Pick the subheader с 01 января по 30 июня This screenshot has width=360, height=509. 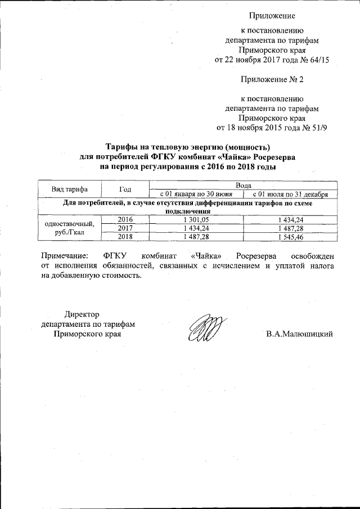coord(196,194)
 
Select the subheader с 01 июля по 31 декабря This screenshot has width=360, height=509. coord(290,194)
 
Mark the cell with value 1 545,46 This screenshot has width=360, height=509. coord(290,237)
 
